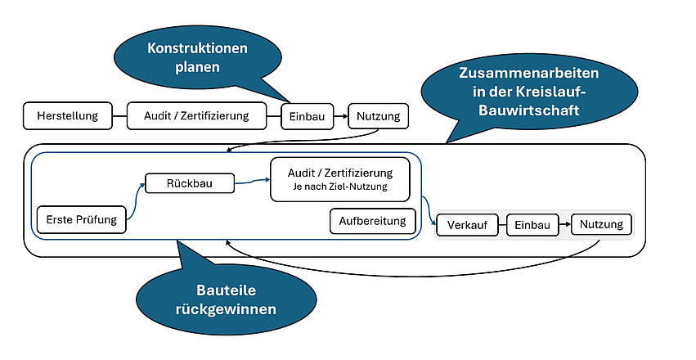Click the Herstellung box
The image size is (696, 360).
coord(67,116)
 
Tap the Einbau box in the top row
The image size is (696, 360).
coord(308,117)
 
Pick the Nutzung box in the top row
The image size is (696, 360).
coord(378,117)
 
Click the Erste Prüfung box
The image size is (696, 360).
coord(82,219)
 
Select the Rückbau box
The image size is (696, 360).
coord(190,183)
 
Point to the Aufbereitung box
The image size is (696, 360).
coord(372,221)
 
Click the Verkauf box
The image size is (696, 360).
coord(467,225)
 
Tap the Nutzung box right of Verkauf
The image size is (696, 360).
coord(601,224)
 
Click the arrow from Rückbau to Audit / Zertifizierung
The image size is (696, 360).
coord(252,184)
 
